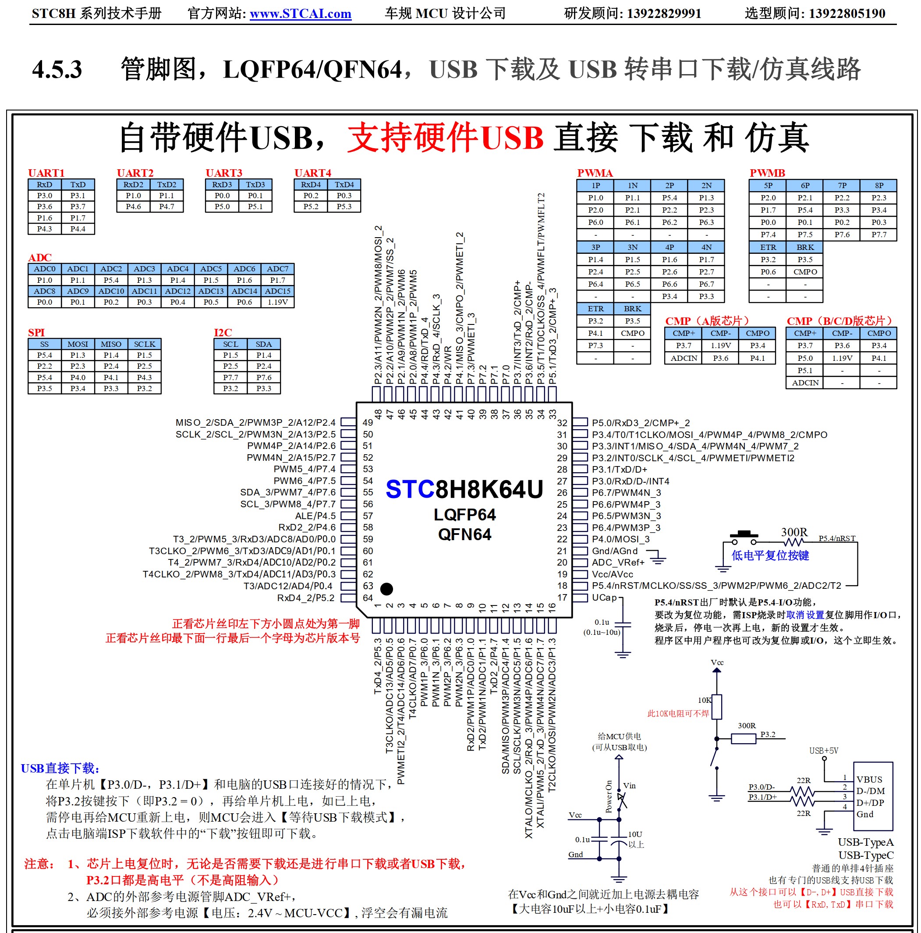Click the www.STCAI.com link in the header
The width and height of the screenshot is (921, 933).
pyautogui.click(x=300, y=14)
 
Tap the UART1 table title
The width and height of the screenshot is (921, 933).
pyautogui.click(x=46, y=173)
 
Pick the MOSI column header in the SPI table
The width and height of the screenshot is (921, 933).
pyautogui.click(x=78, y=344)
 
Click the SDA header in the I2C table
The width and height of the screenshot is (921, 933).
pyautogui.click(x=264, y=344)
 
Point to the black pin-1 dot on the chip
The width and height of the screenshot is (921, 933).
pyautogui.click(x=386, y=589)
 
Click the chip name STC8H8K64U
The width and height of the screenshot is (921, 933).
pyautogui.click(x=464, y=490)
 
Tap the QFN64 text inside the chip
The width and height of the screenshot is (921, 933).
pyautogui.click(x=464, y=534)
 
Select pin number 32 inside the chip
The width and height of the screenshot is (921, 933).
pyautogui.click(x=562, y=423)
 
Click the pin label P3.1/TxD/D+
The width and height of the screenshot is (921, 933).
pyautogui.click(x=619, y=470)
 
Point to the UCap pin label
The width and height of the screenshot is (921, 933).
pyautogui.click(x=604, y=597)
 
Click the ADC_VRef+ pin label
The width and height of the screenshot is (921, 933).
pyautogui.click(x=618, y=563)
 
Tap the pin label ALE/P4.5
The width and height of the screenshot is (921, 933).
pyautogui.click(x=315, y=516)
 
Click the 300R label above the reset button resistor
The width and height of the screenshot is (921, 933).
pyautogui.click(x=794, y=532)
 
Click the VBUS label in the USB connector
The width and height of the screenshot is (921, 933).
pyautogui.click(x=869, y=780)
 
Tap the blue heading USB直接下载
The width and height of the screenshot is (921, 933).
pyautogui.click(x=60, y=768)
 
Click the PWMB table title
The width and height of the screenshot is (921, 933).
pyautogui.click(x=767, y=173)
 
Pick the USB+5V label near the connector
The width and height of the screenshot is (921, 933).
pyautogui.click(x=823, y=751)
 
